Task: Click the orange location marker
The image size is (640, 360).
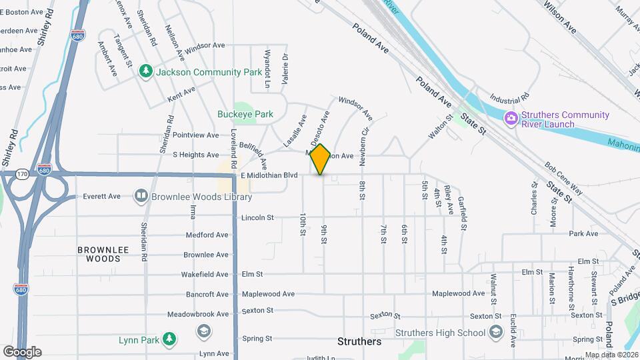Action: pyautogui.click(x=321, y=159)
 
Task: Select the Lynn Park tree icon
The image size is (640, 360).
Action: pyautogui.click(x=169, y=339)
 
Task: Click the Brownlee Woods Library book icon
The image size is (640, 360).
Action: pyautogui.click(x=141, y=196)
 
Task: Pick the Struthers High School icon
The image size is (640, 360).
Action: pyautogui.click(x=495, y=332)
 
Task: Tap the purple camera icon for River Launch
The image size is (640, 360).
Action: pyautogui.click(x=511, y=119)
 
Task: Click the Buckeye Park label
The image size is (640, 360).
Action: pyautogui.click(x=245, y=114)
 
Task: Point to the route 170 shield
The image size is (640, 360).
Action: pyautogui.click(x=21, y=173)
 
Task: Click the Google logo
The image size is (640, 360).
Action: pyautogui.click(x=22, y=351)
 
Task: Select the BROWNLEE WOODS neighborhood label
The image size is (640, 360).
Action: pyautogui.click(x=98, y=254)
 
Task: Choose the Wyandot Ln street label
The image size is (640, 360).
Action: pyautogui.click(x=267, y=69)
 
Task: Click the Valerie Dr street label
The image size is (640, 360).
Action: pyautogui.click(x=285, y=69)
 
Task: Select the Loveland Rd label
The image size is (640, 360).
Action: pyautogui.click(x=234, y=147)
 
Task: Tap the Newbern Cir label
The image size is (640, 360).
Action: pyautogui.click(x=364, y=146)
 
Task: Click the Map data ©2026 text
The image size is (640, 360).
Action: pyautogui.click(x=611, y=355)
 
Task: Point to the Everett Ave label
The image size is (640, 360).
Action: pyautogui.click(x=101, y=196)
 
